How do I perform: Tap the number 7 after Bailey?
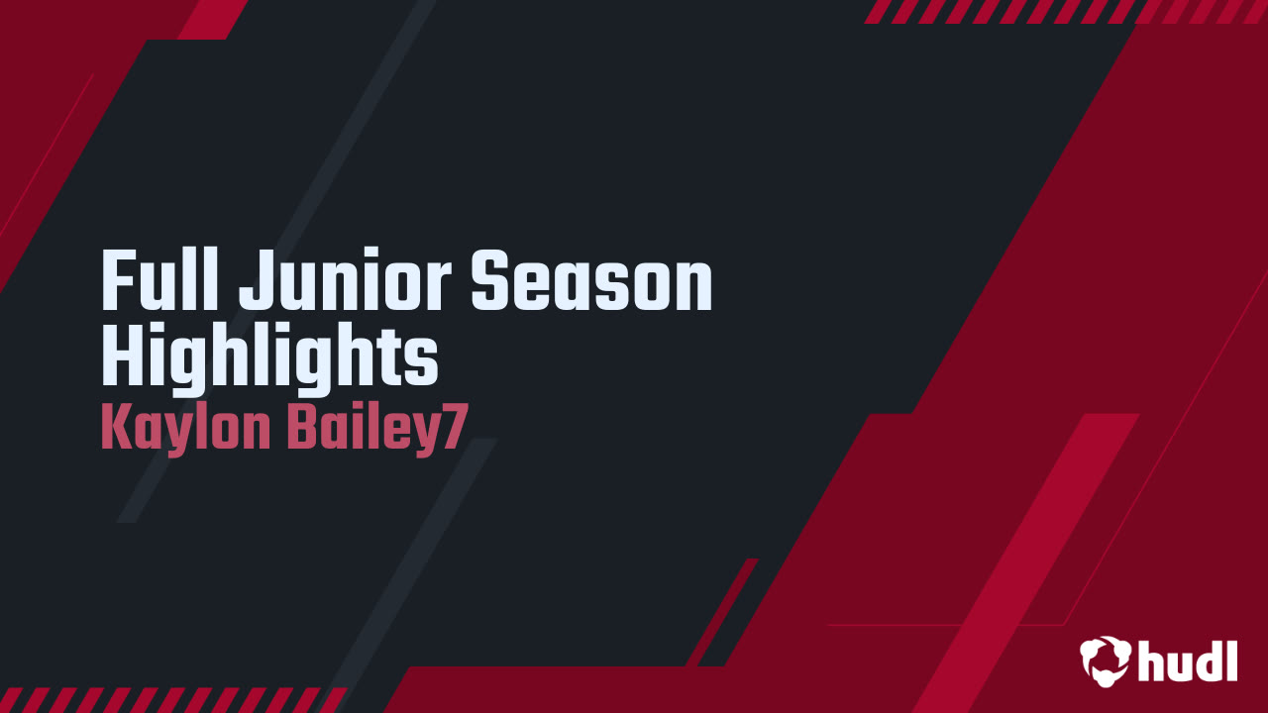coord(453,429)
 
